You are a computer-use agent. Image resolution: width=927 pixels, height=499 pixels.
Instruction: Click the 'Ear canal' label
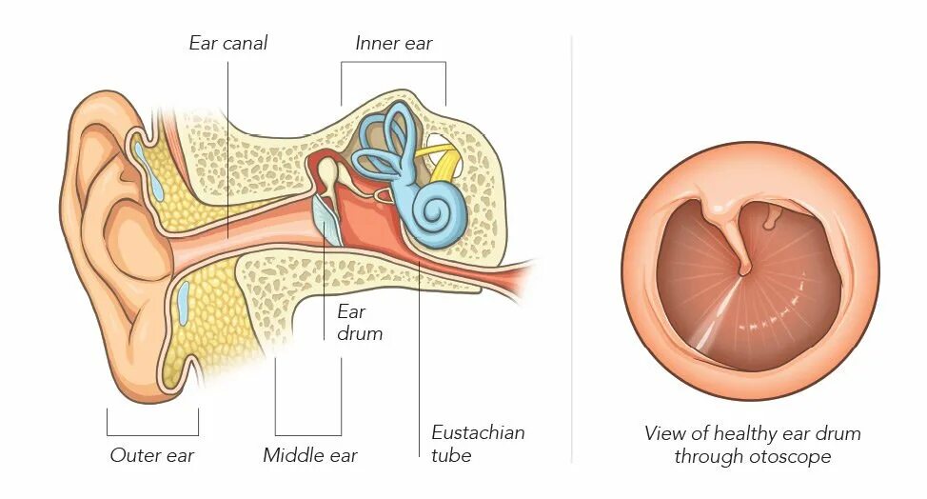click(228, 43)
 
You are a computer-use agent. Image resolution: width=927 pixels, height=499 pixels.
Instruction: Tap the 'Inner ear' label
click(393, 43)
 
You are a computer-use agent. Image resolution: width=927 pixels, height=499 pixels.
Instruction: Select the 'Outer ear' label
click(152, 455)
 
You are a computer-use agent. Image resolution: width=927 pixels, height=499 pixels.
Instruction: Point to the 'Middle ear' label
click(310, 455)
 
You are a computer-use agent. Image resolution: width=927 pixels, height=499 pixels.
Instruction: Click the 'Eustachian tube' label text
click(478, 444)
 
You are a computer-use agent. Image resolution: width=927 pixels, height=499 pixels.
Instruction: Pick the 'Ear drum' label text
click(360, 323)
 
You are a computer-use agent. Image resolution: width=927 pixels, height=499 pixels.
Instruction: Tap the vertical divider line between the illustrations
click(571, 248)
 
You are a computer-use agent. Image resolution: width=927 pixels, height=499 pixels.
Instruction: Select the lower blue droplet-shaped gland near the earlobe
click(184, 303)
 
